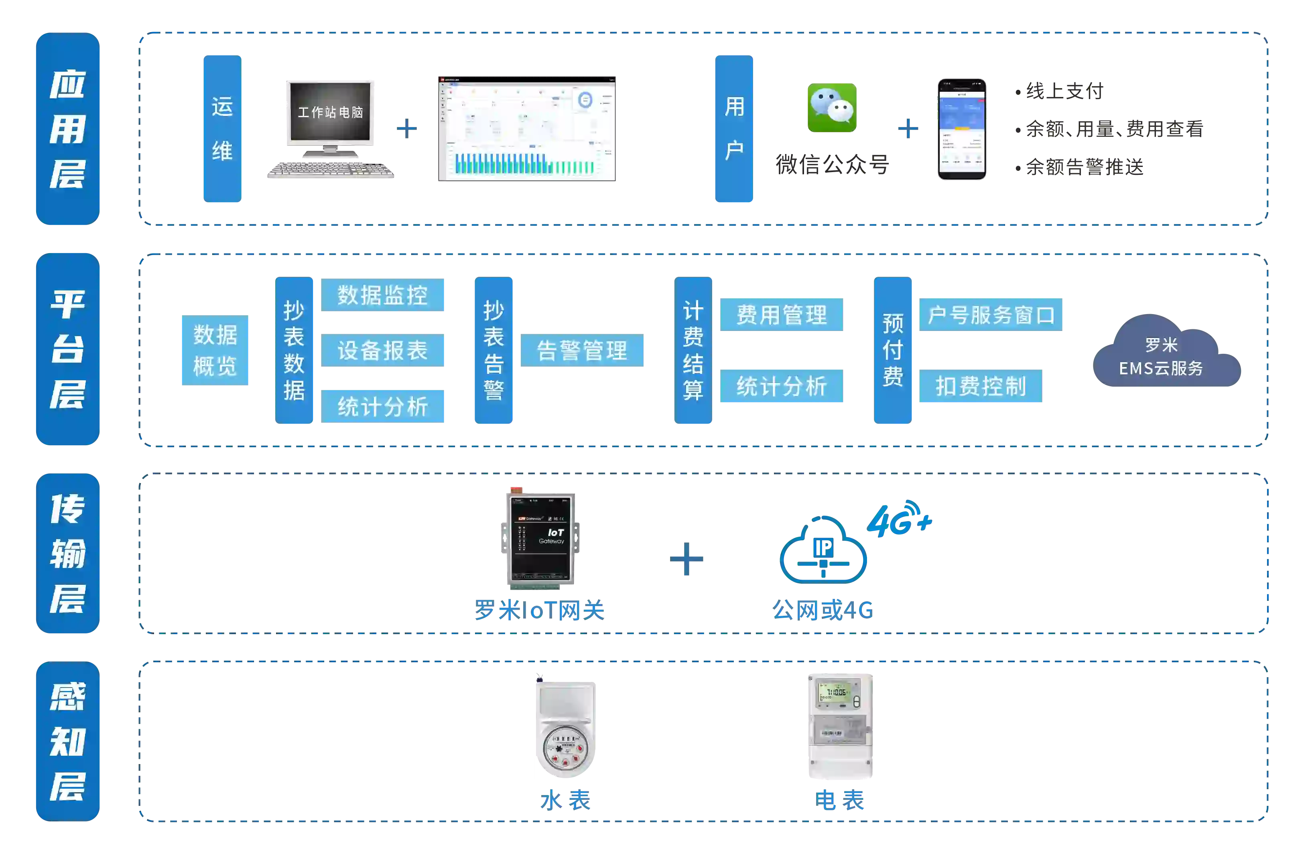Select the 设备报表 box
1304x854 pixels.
click(x=383, y=351)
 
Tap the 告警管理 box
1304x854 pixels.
click(x=582, y=351)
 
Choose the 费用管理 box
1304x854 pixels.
click(x=781, y=314)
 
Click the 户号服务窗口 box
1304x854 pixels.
click(x=989, y=314)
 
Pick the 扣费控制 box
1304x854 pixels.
click(x=980, y=386)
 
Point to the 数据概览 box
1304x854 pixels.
click(x=215, y=351)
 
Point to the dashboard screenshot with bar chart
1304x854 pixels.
click(x=526, y=128)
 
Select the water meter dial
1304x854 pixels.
click(x=565, y=746)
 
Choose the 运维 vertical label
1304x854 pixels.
click(x=222, y=129)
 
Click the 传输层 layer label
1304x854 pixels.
click(x=68, y=553)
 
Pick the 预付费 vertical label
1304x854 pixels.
click(x=893, y=351)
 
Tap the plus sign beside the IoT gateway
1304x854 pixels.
click(x=687, y=559)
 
